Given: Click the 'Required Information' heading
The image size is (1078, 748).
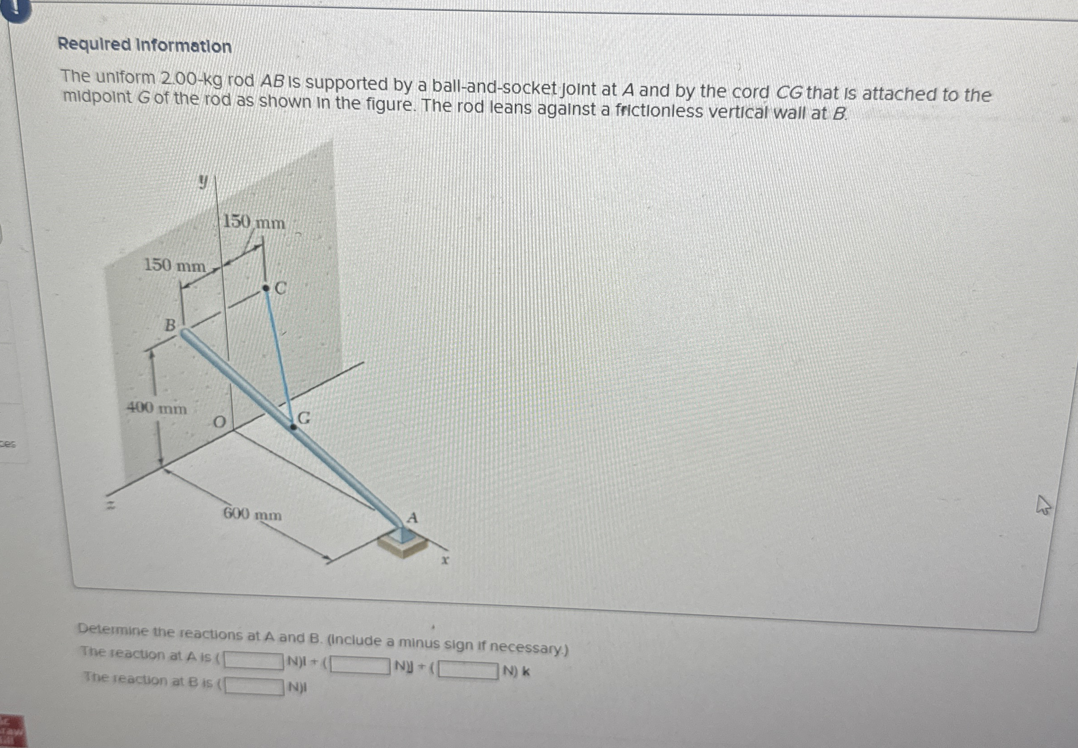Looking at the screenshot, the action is (144, 45).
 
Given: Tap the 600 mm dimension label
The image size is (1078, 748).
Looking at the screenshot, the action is (252, 514).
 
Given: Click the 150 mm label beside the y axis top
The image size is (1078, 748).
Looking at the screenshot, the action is (253, 222).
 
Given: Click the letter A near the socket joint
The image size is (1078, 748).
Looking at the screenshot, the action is (412, 518).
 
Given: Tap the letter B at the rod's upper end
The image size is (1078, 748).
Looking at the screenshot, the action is (170, 324).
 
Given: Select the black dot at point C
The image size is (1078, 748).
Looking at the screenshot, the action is (265, 288).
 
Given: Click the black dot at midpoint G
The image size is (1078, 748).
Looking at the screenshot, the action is (293, 426).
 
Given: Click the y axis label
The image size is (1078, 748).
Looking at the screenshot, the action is (202, 181).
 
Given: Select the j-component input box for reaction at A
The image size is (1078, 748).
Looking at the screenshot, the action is (360, 665).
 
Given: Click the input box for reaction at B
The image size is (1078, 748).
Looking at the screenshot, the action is (254, 687).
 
